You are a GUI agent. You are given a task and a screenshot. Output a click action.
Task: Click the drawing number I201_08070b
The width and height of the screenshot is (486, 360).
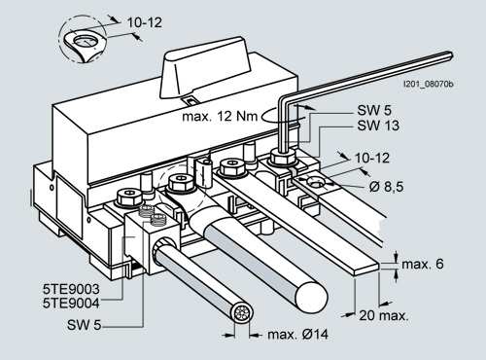tap(428, 85)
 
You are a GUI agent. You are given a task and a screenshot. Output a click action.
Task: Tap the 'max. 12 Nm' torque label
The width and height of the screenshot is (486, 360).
tap(220, 116)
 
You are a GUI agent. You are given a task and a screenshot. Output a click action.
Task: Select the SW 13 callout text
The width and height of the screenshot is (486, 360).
tap(378, 126)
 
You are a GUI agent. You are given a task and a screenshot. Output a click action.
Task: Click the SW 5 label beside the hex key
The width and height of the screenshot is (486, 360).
tap(374, 110)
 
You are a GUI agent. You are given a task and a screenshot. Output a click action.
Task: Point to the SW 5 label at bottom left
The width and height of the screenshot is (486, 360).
tap(85, 325)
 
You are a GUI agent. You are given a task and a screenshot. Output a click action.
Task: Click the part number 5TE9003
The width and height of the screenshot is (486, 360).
tap(71, 289)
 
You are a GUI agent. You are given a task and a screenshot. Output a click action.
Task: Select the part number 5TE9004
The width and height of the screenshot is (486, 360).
tap(71, 304)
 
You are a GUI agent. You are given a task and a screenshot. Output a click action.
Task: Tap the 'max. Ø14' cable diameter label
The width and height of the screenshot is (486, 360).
tap(297, 335)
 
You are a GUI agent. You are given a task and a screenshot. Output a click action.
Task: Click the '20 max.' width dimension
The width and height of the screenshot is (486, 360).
tap(384, 315)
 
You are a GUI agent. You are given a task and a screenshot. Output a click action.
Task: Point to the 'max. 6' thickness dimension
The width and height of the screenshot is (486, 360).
tap(423, 264)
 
